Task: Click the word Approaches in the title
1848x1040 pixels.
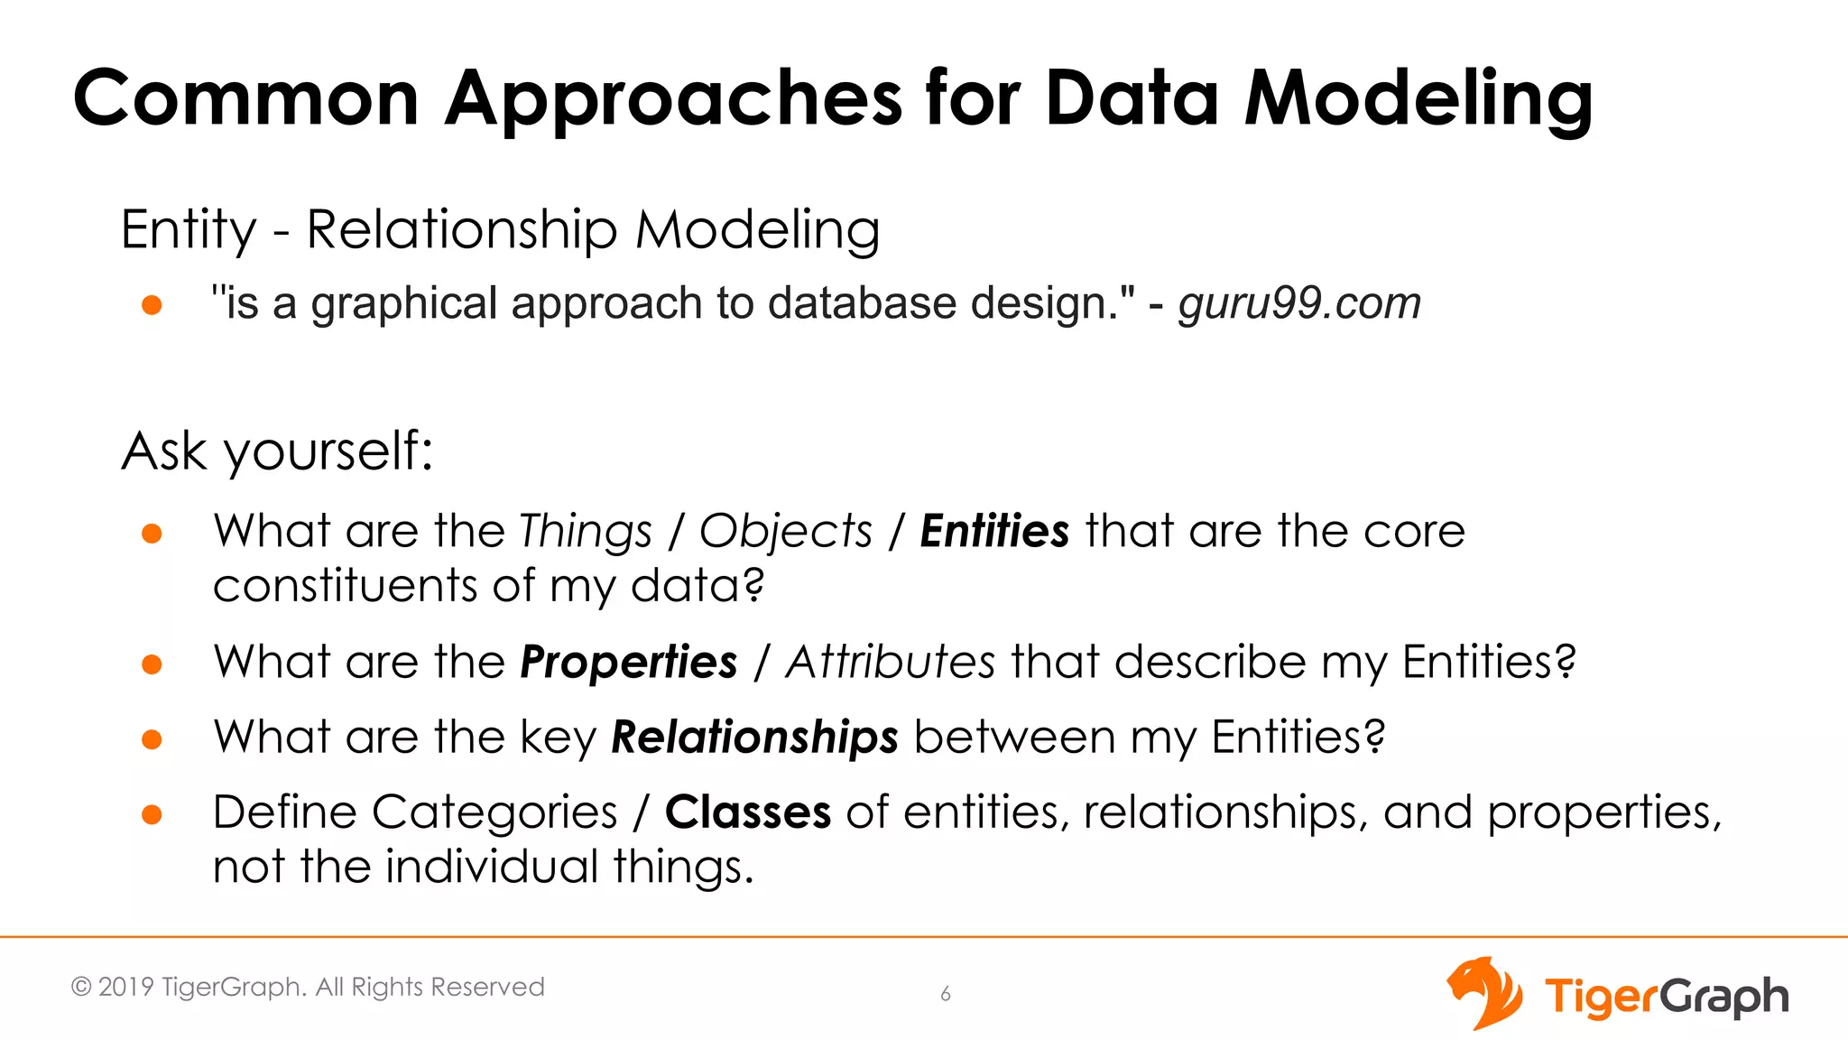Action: click(x=673, y=99)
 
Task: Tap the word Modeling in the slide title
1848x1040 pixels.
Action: click(x=1418, y=99)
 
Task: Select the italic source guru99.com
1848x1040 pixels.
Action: click(x=1299, y=303)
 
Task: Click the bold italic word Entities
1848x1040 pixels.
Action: click(x=994, y=531)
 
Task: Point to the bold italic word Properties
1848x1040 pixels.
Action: click(x=629, y=663)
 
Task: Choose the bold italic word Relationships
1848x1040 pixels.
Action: click(x=754, y=738)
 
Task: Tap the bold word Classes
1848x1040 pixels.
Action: click(x=747, y=812)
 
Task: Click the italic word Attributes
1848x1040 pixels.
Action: click(x=890, y=663)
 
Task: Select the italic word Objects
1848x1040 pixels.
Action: click(x=786, y=531)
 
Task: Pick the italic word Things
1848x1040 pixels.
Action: click(x=586, y=531)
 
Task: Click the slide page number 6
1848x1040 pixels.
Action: click(x=946, y=994)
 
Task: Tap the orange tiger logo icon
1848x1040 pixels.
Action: click(x=1484, y=993)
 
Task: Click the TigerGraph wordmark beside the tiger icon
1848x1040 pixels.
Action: click(x=1666, y=997)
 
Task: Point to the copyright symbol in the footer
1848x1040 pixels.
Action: click(x=81, y=987)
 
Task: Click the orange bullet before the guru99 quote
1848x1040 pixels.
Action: click(x=152, y=305)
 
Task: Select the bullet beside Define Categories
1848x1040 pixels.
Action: click(x=152, y=815)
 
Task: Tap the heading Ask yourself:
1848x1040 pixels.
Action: click(x=277, y=451)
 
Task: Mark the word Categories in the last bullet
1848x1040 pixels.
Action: click(x=494, y=812)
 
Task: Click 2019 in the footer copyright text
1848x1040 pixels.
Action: click(x=125, y=987)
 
